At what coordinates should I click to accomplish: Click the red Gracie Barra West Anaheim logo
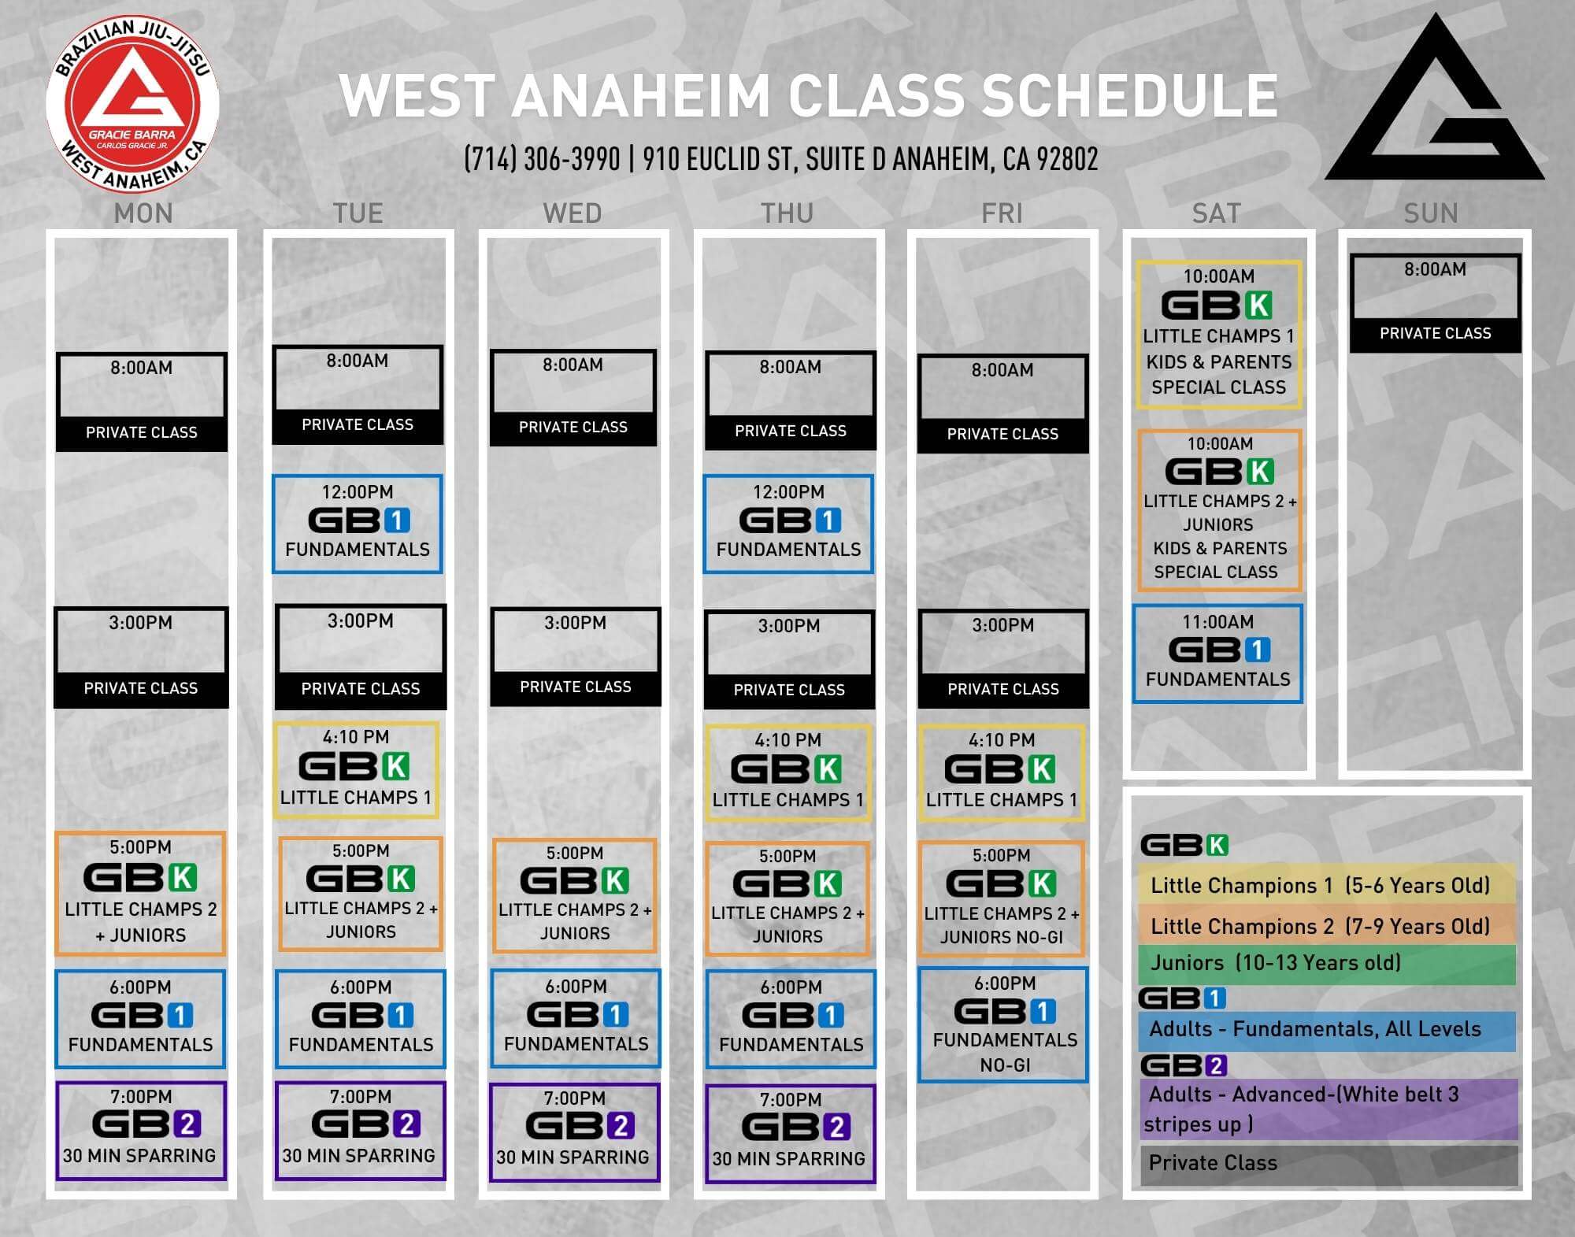[132, 103]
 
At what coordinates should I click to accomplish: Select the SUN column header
[1431, 213]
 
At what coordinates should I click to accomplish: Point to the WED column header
[573, 213]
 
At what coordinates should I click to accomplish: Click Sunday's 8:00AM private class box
[1435, 302]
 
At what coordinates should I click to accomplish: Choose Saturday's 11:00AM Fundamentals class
[1217, 654]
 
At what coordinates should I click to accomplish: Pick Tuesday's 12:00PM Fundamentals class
[358, 524]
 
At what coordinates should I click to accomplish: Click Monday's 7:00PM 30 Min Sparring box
[141, 1131]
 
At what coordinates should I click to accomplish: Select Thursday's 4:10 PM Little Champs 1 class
[788, 772]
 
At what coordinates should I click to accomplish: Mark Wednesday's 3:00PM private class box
[575, 657]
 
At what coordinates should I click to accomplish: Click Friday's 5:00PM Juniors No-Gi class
[1002, 898]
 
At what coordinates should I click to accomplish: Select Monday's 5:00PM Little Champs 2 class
[140, 894]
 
